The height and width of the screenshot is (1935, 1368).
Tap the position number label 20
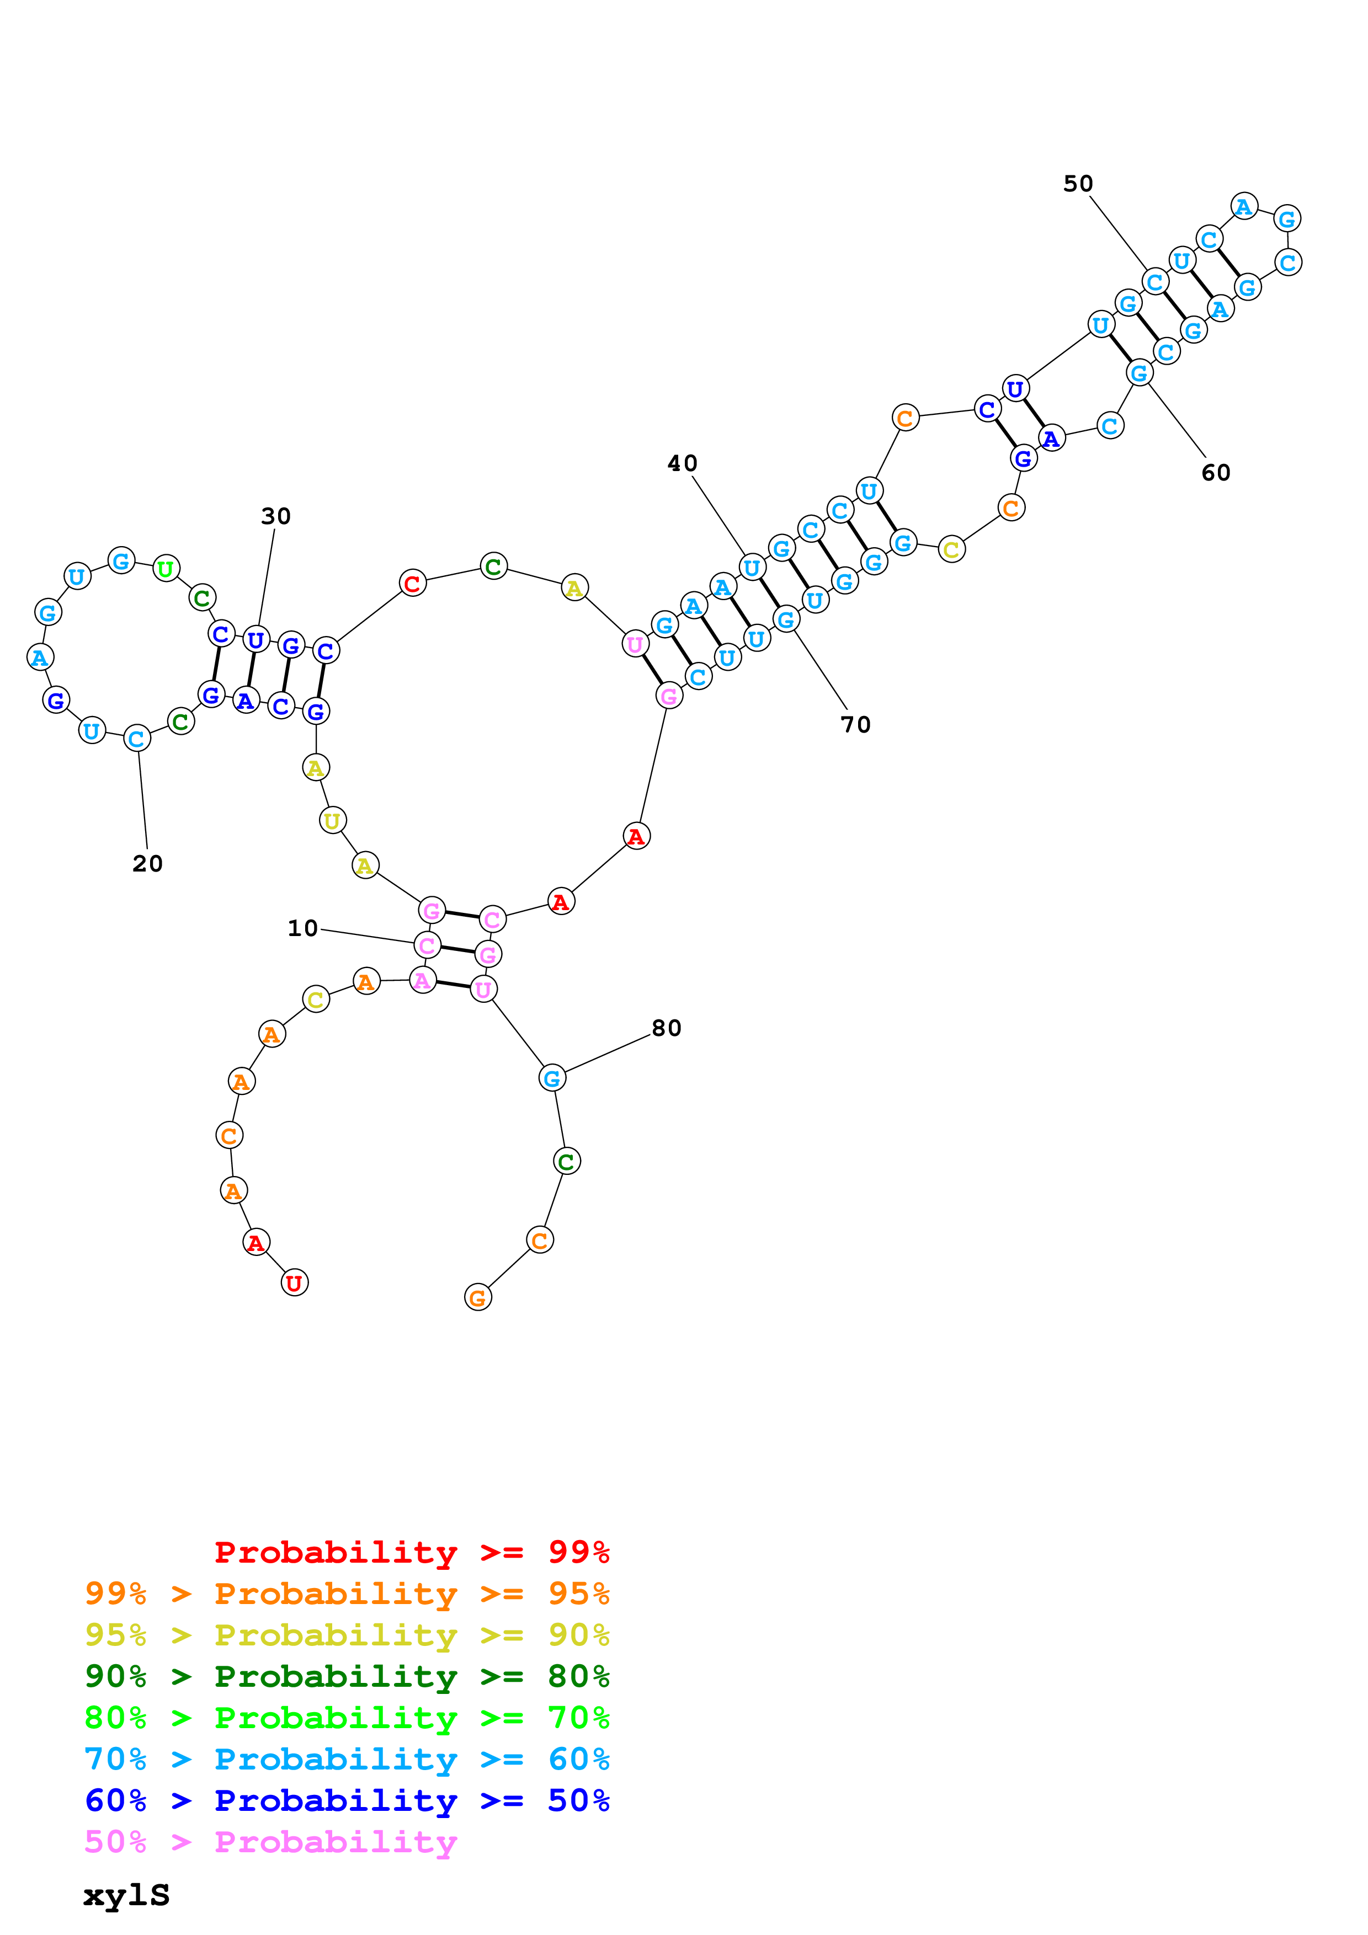tap(147, 863)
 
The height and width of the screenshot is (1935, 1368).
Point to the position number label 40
tap(682, 463)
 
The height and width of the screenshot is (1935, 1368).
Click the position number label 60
tap(1216, 473)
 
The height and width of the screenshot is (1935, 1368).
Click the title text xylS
tap(126, 1895)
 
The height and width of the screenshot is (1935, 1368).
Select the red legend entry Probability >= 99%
tap(411, 1552)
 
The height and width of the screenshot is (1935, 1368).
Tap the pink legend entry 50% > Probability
tap(270, 1841)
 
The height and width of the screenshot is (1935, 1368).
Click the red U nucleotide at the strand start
tap(294, 1282)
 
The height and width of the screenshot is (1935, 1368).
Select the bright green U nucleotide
tap(166, 569)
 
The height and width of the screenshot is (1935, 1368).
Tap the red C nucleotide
tap(412, 582)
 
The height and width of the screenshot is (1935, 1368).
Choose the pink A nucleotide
tap(422, 980)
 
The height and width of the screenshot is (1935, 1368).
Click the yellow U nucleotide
tap(333, 820)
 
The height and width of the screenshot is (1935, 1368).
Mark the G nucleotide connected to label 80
tap(552, 1077)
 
